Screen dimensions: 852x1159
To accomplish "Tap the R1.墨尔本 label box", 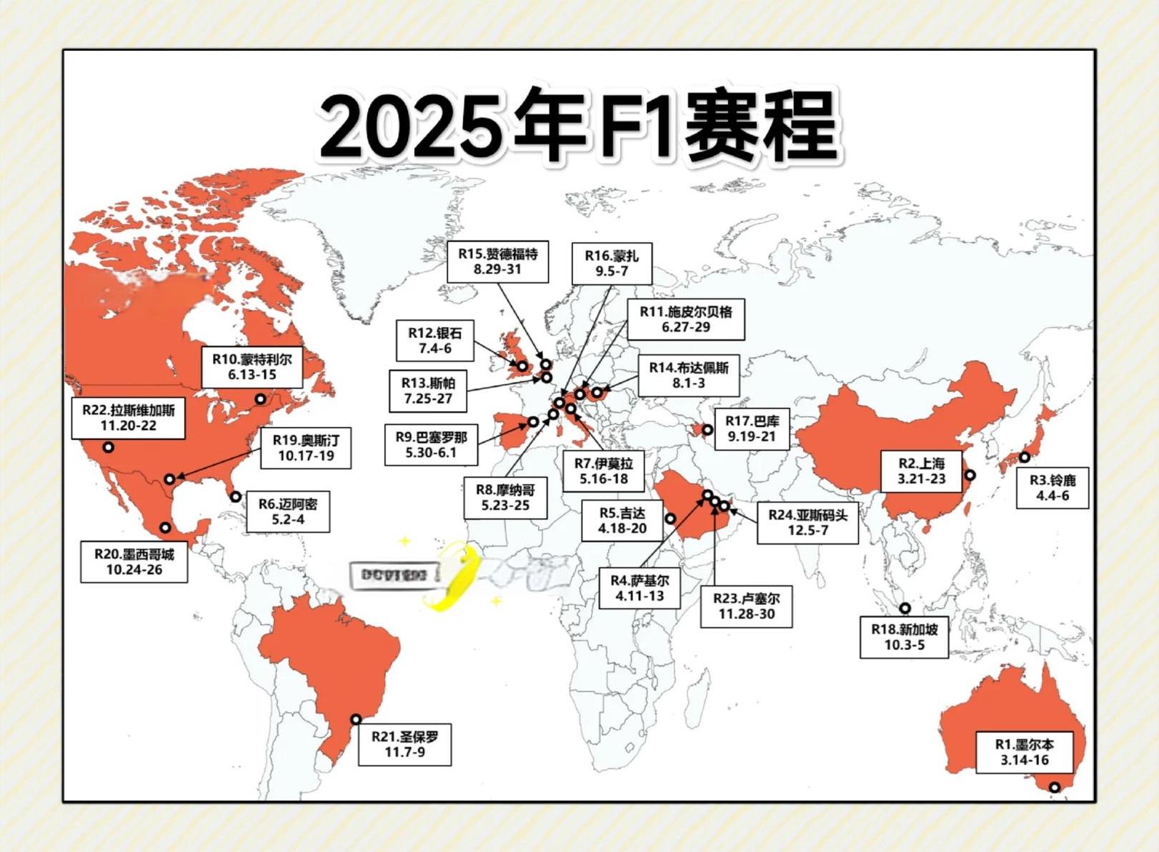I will click(1024, 752).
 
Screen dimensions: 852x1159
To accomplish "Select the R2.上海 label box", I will click(921, 471).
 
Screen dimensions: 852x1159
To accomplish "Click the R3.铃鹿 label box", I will click(1053, 488).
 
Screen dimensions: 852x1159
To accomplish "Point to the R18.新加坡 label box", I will click(904, 637).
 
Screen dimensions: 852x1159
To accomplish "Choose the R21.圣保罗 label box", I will click(404, 744).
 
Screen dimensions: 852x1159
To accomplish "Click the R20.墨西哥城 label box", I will click(134, 561).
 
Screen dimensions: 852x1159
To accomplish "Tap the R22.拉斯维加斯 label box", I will click(128, 418).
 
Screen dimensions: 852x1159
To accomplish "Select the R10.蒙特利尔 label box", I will click(252, 367).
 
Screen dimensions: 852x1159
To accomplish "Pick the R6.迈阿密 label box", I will click(288, 511).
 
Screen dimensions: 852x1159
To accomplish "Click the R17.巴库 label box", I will click(752, 429).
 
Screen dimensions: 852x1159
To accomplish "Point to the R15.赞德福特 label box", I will click(497, 261).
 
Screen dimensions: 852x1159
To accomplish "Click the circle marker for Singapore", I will click(905, 608).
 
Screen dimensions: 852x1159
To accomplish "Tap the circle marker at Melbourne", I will click(1054, 787).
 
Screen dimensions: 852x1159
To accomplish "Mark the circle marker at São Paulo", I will click(355, 719).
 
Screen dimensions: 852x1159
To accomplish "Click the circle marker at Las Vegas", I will click(108, 447).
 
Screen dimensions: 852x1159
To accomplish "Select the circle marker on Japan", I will click(1024, 457).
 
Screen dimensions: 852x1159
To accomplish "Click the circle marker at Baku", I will click(707, 429).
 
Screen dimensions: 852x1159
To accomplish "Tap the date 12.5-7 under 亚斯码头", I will click(807, 531).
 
